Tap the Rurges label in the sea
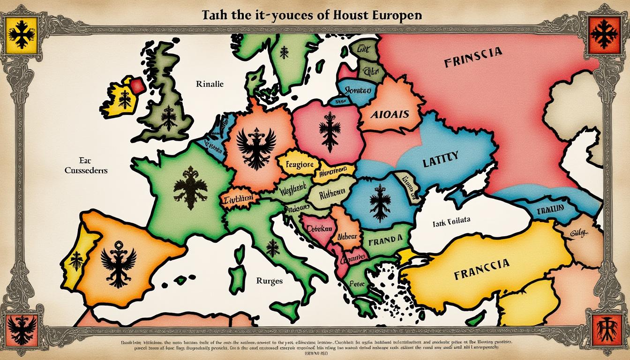pos(270,281)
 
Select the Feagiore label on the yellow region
pos(297,165)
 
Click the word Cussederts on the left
pos(86,170)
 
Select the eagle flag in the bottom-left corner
pos(22,329)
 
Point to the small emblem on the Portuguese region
pos(76,260)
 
